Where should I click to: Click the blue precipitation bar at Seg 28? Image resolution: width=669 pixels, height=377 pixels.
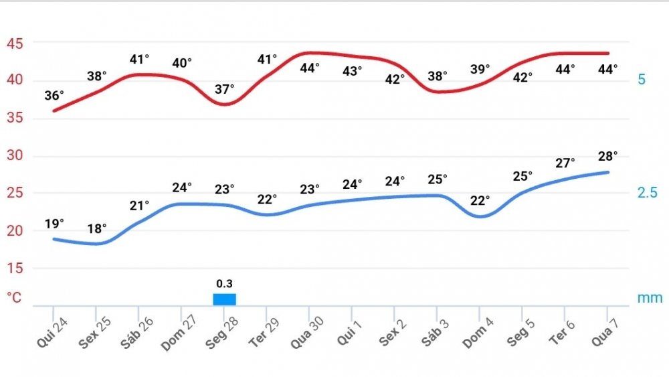pyautogui.click(x=225, y=299)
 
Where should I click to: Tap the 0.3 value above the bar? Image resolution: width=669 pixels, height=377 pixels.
pyautogui.click(x=225, y=283)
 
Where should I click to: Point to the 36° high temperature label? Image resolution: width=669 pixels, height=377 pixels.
pyautogui.click(x=54, y=95)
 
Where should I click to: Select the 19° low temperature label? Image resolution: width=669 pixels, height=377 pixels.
pyautogui.click(x=54, y=223)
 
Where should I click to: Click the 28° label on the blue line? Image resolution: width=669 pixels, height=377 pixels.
pyautogui.click(x=607, y=156)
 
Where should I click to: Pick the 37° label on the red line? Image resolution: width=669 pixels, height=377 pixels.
pyautogui.click(x=225, y=88)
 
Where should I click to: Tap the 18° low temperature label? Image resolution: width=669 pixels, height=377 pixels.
pyautogui.click(x=97, y=228)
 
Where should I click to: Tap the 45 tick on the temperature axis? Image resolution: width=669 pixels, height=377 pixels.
pyautogui.click(x=15, y=44)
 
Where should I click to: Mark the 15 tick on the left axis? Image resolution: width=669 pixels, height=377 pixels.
pyautogui.click(x=15, y=268)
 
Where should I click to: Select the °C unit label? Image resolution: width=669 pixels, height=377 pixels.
pyautogui.click(x=15, y=297)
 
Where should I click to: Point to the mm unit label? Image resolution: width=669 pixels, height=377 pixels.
pyautogui.click(x=649, y=297)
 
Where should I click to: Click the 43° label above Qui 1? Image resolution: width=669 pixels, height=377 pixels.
pyautogui.click(x=352, y=70)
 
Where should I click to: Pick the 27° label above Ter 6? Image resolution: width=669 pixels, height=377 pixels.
pyautogui.click(x=565, y=163)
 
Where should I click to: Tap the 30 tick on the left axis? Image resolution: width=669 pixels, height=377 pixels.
pyautogui.click(x=15, y=156)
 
